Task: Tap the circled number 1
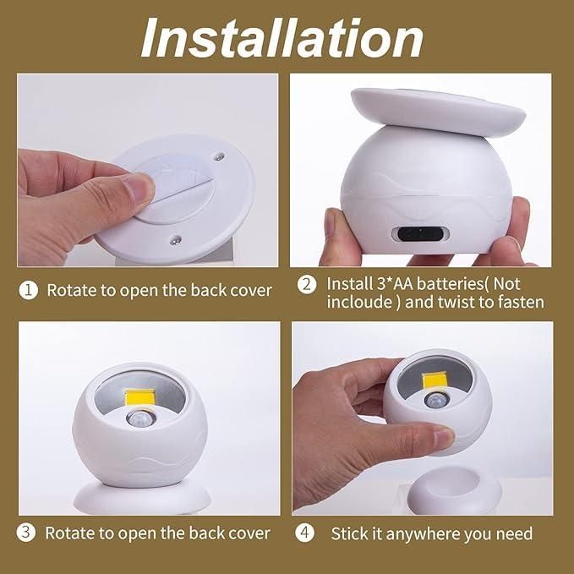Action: click(29, 290)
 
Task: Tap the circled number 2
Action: click(307, 285)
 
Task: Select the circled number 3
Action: click(28, 533)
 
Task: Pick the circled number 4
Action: click(304, 533)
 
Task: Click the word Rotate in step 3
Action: click(68, 533)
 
